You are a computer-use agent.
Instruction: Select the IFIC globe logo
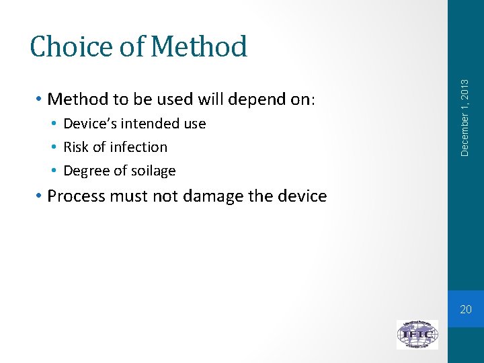[x=417, y=334]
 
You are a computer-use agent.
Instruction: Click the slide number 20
[x=466, y=309]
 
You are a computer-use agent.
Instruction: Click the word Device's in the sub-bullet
[x=89, y=124]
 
